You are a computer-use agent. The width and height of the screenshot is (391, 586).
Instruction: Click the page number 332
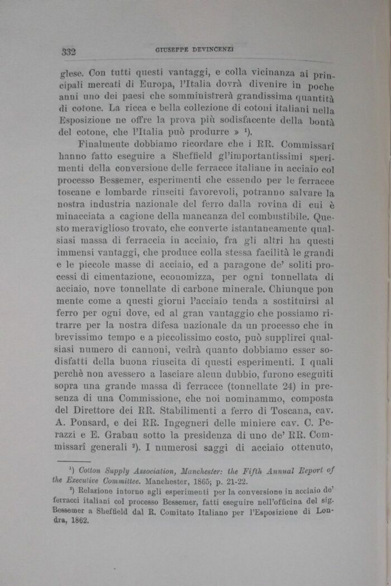tap(69, 52)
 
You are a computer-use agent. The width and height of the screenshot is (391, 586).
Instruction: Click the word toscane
tap(76, 193)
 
